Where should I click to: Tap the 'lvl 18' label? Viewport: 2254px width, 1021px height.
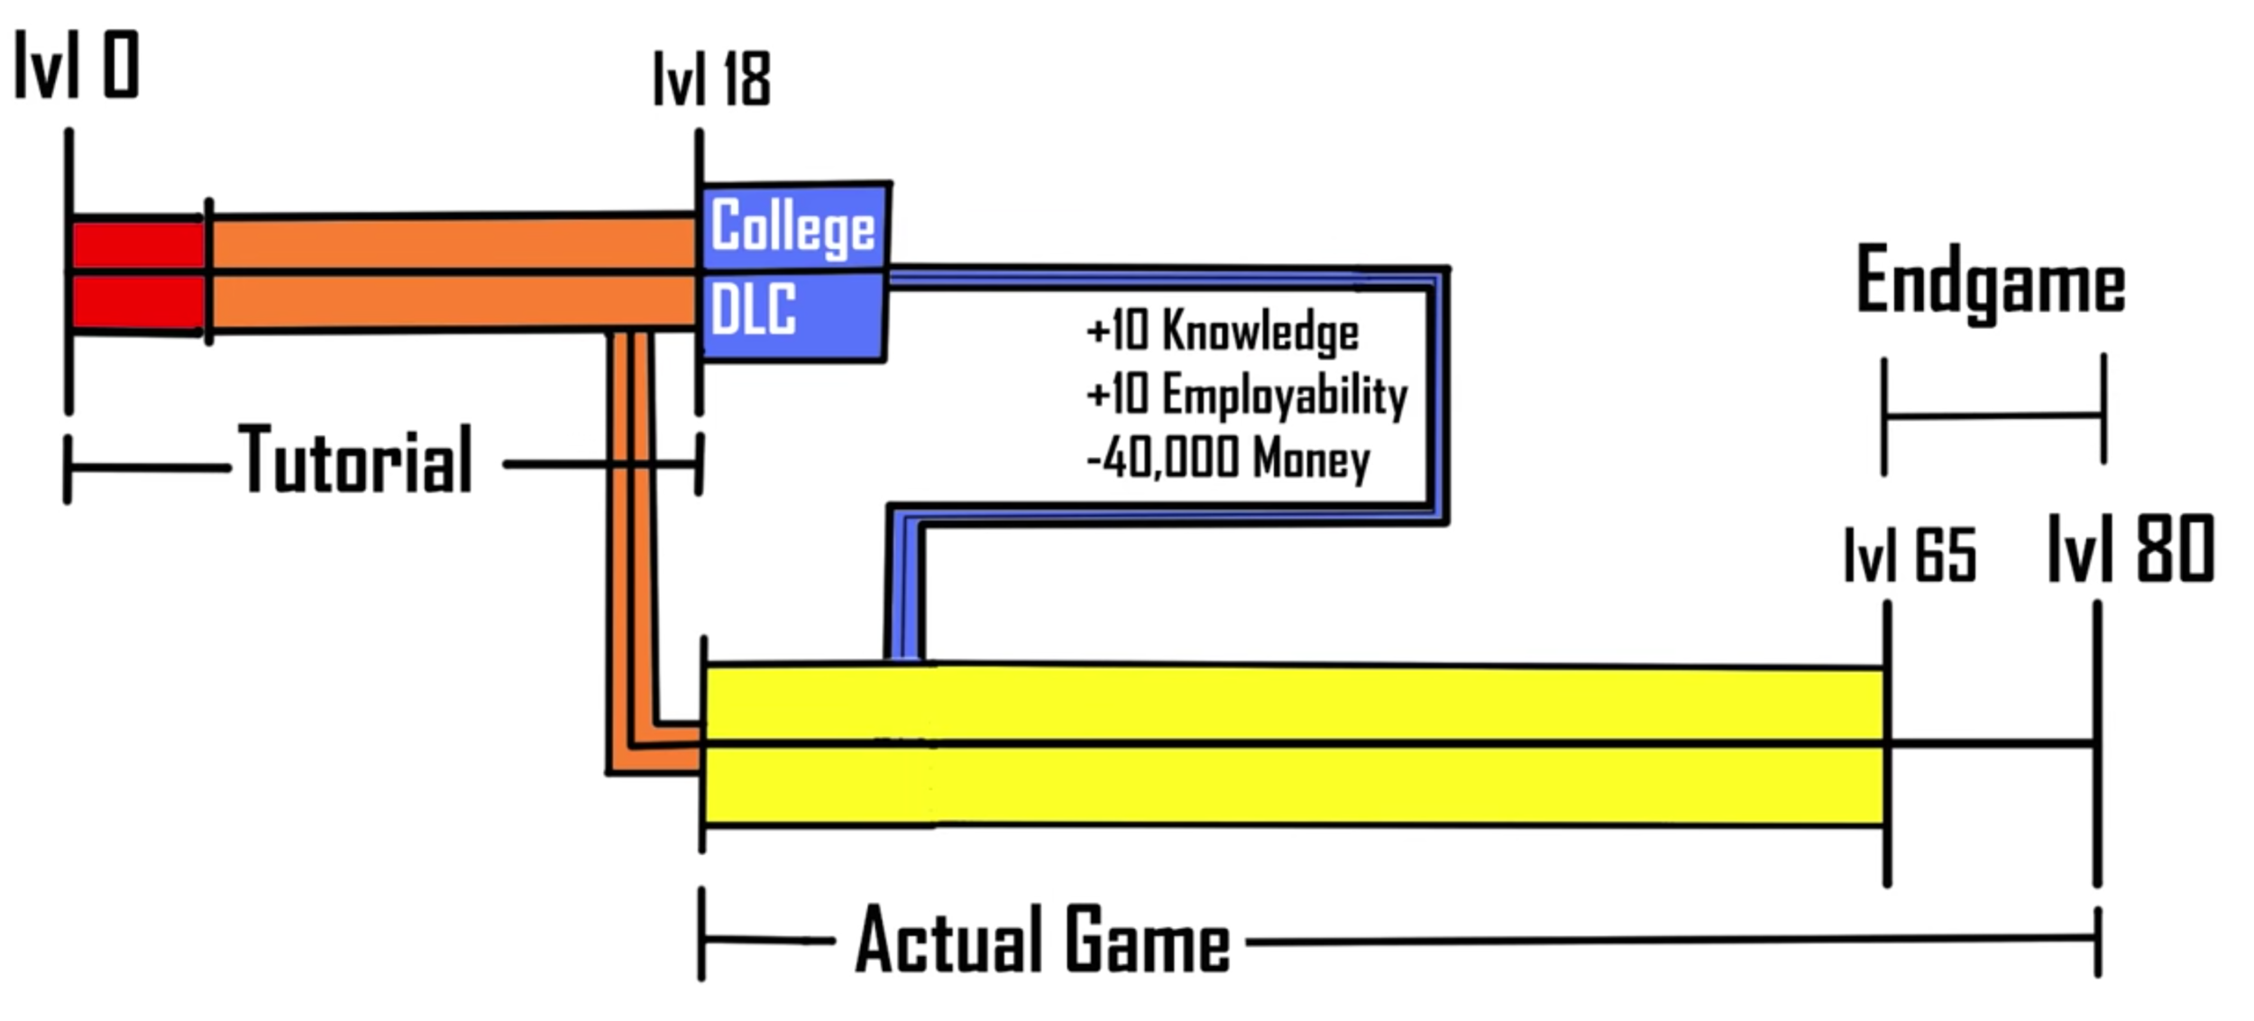point(711,79)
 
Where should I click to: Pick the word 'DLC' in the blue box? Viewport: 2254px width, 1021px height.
point(753,308)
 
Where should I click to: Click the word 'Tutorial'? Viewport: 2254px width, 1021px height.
point(355,461)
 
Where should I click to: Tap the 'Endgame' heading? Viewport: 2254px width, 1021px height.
point(1991,281)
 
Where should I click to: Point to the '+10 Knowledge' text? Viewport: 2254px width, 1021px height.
point(1223,330)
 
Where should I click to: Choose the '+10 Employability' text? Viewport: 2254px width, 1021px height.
point(1247,395)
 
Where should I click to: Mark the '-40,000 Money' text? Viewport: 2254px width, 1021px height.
point(1228,458)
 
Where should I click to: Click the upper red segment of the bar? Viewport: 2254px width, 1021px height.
point(137,244)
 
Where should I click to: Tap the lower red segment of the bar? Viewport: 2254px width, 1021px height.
point(137,303)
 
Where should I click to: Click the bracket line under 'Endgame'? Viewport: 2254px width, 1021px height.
point(1993,416)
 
